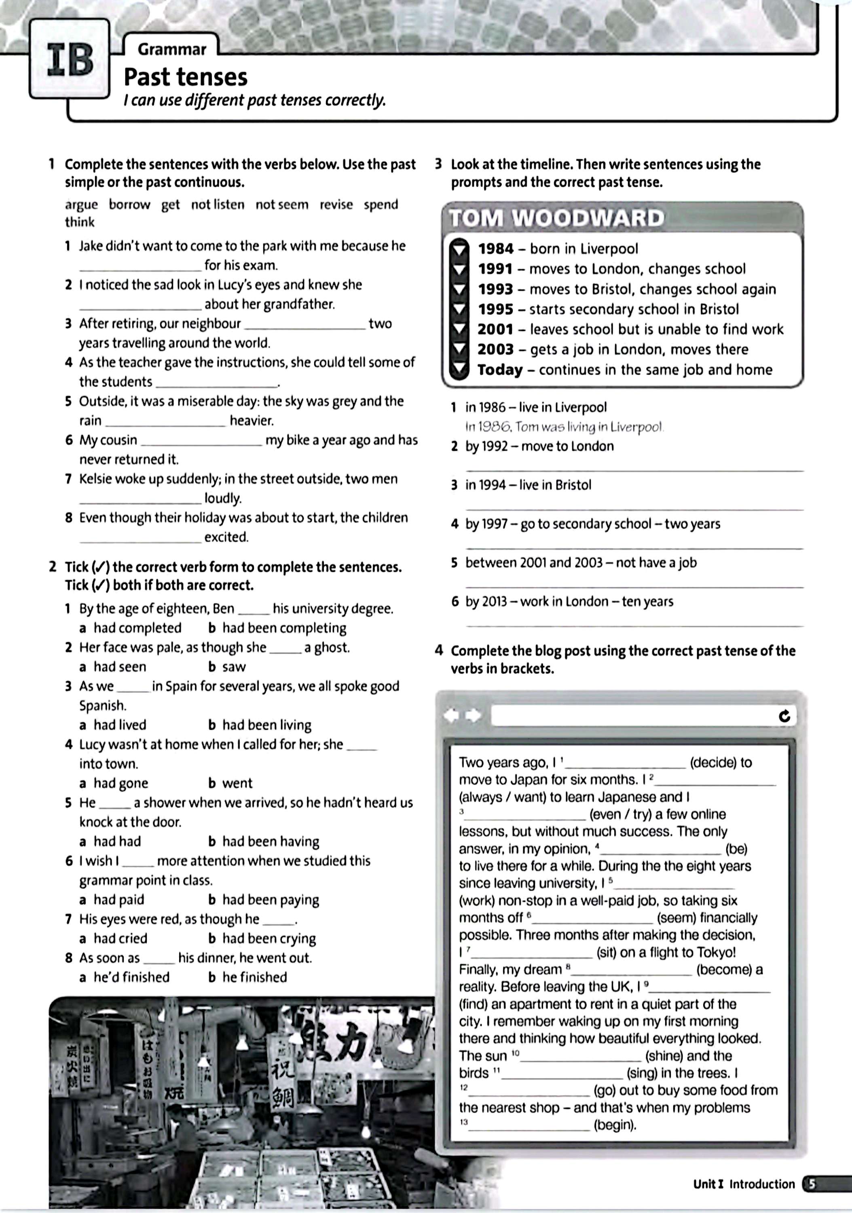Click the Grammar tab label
(x=172, y=50)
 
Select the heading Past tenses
(x=185, y=77)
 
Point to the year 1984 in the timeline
(x=495, y=249)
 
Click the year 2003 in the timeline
(x=495, y=349)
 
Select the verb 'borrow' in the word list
(x=129, y=205)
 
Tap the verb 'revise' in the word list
(x=336, y=205)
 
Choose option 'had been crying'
(x=269, y=938)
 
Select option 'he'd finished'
(x=131, y=977)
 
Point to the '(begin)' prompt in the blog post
(x=615, y=1125)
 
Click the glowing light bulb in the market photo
(x=365, y=1130)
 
